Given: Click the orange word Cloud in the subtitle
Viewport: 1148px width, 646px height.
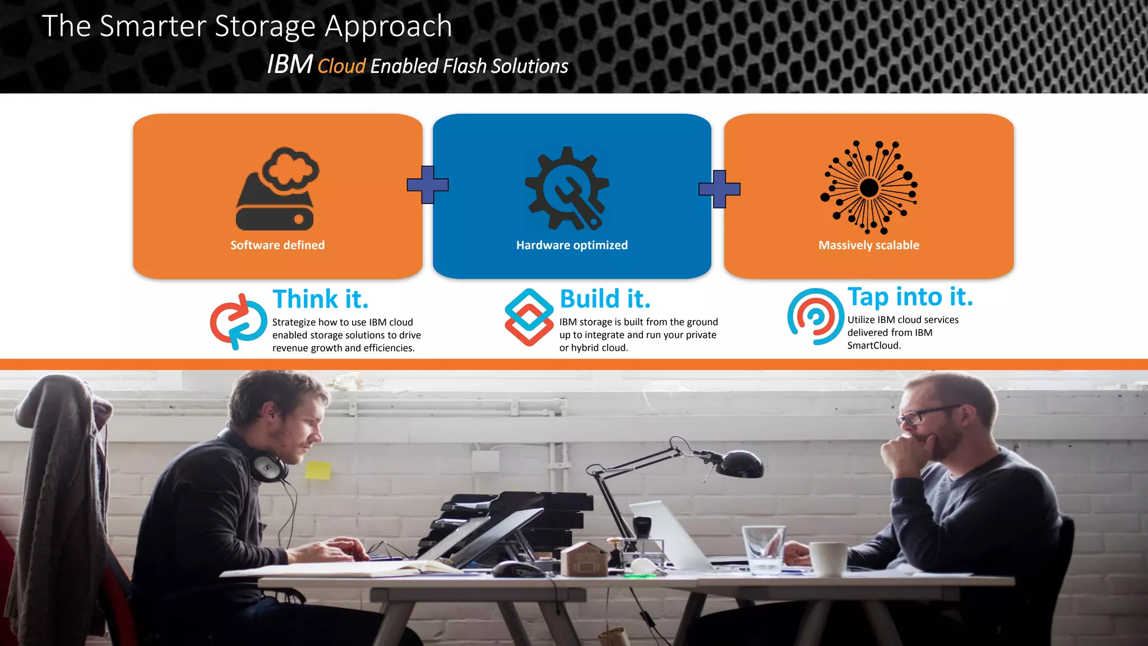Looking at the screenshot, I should [x=341, y=66].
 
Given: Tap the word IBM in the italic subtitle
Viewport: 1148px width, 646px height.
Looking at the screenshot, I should [x=289, y=64].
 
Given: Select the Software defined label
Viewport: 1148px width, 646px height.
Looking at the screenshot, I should [x=277, y=245].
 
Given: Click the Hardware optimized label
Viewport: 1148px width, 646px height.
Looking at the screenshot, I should [x=572, y=245].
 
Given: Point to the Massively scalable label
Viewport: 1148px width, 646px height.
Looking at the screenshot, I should [x=869, y=245].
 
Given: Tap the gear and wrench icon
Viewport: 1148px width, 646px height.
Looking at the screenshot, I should [x=567, y=188].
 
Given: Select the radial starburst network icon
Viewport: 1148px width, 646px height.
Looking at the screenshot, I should [x=869, y=187].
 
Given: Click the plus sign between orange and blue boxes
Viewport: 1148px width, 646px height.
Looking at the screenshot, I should [x=428, y=184].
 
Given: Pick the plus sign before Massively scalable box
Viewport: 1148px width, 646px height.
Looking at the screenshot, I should [x=719, y=189].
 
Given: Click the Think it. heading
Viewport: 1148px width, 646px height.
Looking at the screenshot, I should [x=321, y=299].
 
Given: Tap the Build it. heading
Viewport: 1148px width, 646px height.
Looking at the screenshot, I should [x=605, y=299].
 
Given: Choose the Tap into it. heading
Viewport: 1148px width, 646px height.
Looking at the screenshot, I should [x=910, y=297].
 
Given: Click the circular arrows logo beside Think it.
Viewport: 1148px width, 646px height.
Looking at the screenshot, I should [x=238, y=321].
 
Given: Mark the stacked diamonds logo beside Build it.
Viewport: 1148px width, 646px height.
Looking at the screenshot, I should [x=529, y=317].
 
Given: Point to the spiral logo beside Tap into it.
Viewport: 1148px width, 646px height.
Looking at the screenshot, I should [x=815, y=316].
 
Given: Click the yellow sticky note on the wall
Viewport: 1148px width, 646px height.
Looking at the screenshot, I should [x=318, y=470].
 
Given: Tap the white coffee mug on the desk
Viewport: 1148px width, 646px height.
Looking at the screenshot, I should [x=828, y=559].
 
